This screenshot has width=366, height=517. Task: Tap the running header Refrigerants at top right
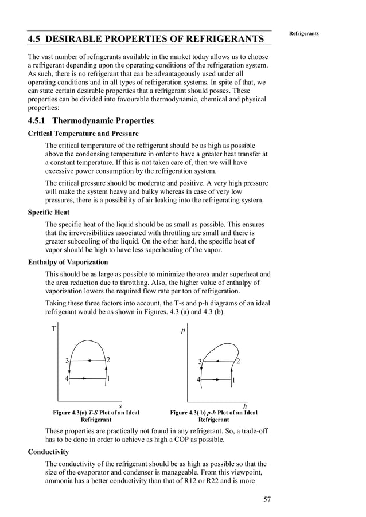tap(303, 33)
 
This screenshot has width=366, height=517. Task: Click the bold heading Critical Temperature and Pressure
tap(83, 134)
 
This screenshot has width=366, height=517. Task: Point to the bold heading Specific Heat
tap(49, 212)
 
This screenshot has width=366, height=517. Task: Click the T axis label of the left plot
tap(54, 329)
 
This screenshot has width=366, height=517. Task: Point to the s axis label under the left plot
tap(119, 406)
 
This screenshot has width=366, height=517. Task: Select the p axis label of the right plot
tap(183, 331)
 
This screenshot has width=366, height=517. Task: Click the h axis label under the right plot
tap(244, 406)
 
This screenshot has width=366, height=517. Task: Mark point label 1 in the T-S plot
tap(108, 379)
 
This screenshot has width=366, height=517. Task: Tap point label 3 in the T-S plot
tap(67, 361)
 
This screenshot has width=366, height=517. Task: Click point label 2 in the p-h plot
tap(238, 361)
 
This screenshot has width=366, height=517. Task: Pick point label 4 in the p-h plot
tap(198, 379)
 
